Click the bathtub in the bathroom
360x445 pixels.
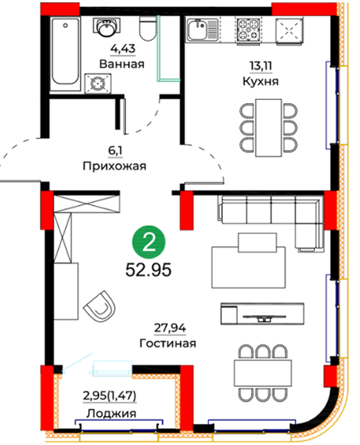65,53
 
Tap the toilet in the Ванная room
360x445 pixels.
147,27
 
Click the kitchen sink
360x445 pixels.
201,29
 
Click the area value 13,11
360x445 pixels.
261,66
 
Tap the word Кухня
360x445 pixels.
261,82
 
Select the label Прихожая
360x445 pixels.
114,166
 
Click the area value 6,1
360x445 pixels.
115,150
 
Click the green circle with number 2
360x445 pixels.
149,242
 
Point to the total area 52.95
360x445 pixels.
149,270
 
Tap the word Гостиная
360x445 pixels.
168,343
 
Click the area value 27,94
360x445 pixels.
170,328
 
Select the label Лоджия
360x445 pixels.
111,414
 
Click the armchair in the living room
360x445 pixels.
100,305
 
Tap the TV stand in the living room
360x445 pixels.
262,313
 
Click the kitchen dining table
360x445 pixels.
268,127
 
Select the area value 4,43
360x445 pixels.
123,49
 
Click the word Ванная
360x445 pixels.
122,64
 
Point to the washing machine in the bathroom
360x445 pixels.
98,83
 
